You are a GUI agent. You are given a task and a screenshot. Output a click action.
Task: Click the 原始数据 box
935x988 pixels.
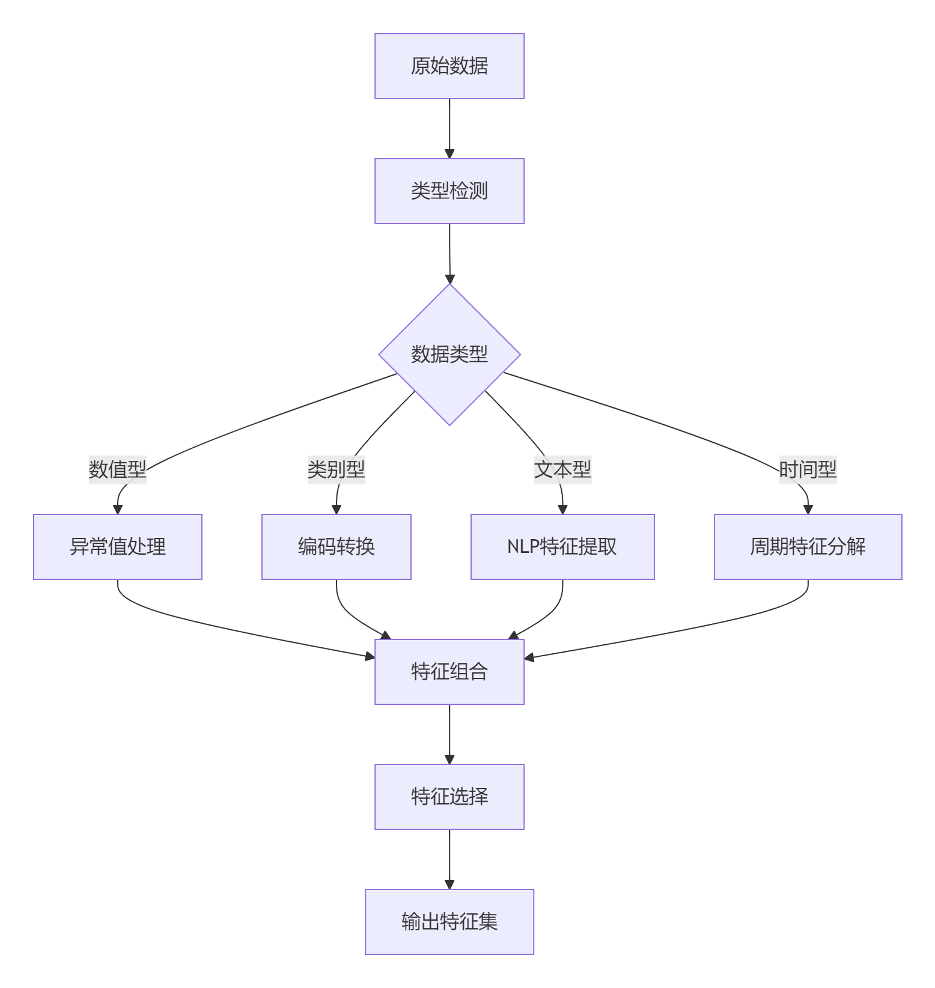tap(449, 66)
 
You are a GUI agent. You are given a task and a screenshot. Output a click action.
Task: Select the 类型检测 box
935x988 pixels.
tap(449, 191)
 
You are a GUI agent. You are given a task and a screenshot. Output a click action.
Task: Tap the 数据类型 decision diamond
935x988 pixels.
tap(449, 355)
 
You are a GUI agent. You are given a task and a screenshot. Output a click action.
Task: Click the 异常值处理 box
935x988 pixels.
tap(118, 547)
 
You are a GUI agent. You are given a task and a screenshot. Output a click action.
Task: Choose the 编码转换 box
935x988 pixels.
tap(337, 547)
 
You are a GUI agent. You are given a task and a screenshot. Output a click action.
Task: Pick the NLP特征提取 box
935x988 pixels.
tap(562, 547)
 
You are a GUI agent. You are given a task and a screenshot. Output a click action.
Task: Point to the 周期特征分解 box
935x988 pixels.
tap(808, 547)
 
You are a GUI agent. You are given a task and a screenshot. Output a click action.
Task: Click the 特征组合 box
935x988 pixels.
tap(449, 672)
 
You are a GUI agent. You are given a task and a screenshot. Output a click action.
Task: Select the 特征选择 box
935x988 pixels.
tap(449, 797)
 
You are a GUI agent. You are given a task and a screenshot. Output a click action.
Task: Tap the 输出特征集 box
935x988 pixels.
tap(449, 922)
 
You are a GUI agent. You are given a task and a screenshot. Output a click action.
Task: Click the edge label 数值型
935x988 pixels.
tap(118, 469)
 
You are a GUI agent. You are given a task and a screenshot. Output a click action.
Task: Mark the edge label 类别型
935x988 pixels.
tap(337, 469)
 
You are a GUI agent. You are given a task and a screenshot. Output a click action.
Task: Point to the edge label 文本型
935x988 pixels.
tap(562, 469)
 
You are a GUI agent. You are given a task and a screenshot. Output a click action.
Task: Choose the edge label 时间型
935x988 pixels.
tap(808, 469)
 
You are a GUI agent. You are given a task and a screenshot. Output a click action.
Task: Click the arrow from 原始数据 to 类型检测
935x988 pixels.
tap(449, 129)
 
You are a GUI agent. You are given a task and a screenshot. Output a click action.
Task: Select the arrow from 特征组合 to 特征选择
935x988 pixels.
tap(449, 734)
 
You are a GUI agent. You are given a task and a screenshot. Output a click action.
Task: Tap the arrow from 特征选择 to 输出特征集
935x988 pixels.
tap(449, 859)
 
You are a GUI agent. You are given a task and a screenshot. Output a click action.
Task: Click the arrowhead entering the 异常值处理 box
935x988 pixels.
tap(118, 510)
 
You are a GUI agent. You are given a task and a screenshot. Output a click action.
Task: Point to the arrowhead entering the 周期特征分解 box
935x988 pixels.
tap(808, 510)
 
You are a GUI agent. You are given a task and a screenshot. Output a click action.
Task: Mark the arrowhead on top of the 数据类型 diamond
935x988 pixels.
tap(449, 279)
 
